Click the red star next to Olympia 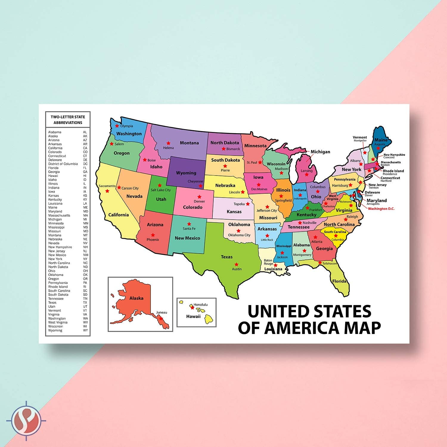pyautogui.click(x=117, y=126)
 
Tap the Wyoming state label pyautogui.click(x=186, y=173)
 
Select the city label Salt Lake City pyautogui.click(x=161, y=190)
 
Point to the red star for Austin pyautogui.click(x=236, y=264)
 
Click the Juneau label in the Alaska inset pyautogui.click(x=162, y=312)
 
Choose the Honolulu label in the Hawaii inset pyautogui.click(x=201, y=305)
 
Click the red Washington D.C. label pyautogui.click(x=381, y=209)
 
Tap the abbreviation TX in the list pyautogui.click(x=85, y=302)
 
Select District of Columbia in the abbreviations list pyautogui.click(x=63, y=164)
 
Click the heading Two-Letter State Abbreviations pyautogui.click(x=68, y=120)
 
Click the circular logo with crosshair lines pyautogui.click(x=26, y=421)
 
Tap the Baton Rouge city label pyautogui.click(x=268, y=262)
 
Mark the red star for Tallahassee pyautogui.click(x=320, y=263)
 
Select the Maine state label pyautogui.click(x=381, y=140)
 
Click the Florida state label pyautogui.click(x=339, y=281)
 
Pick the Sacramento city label pyautogui.click(x=107, y=186)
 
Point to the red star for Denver pyautogui.click(x=199, y=197)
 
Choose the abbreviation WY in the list pyautogui.click(x=85, y=330)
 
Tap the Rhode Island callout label pyautogui.click(x=393, y=171)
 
